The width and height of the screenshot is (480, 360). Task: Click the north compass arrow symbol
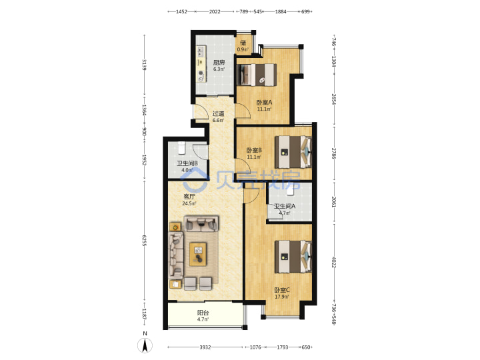click(145, 345)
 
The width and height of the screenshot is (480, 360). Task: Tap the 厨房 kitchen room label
click(219, 62)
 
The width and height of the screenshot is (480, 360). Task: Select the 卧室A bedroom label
click(264, 102)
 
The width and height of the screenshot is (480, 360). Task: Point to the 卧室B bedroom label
click(254, 150)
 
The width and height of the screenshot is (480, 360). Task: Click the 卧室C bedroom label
click(281, 290)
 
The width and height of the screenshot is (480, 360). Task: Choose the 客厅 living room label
click(189, 197)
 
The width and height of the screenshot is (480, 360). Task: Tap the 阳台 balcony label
click(203, 313)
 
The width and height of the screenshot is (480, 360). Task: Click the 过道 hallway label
click(218, 113)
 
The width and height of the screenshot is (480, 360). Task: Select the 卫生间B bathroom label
click(187, 163)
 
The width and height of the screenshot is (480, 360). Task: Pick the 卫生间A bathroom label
click(285, 206)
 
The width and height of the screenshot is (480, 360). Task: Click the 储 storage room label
click(243, 43)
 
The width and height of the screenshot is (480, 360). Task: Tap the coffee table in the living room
click(198, 254)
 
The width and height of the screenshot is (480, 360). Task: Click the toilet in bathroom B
click(181, 147)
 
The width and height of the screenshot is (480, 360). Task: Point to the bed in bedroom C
click(293, 257)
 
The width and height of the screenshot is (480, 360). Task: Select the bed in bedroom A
click(257, 75)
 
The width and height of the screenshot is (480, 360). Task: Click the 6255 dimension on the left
click(144, 240)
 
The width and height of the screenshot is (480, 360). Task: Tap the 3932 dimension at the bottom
click(205, 347)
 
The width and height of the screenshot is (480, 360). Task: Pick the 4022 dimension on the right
click(334, 262)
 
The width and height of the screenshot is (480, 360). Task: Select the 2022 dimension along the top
click(214, 11)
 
